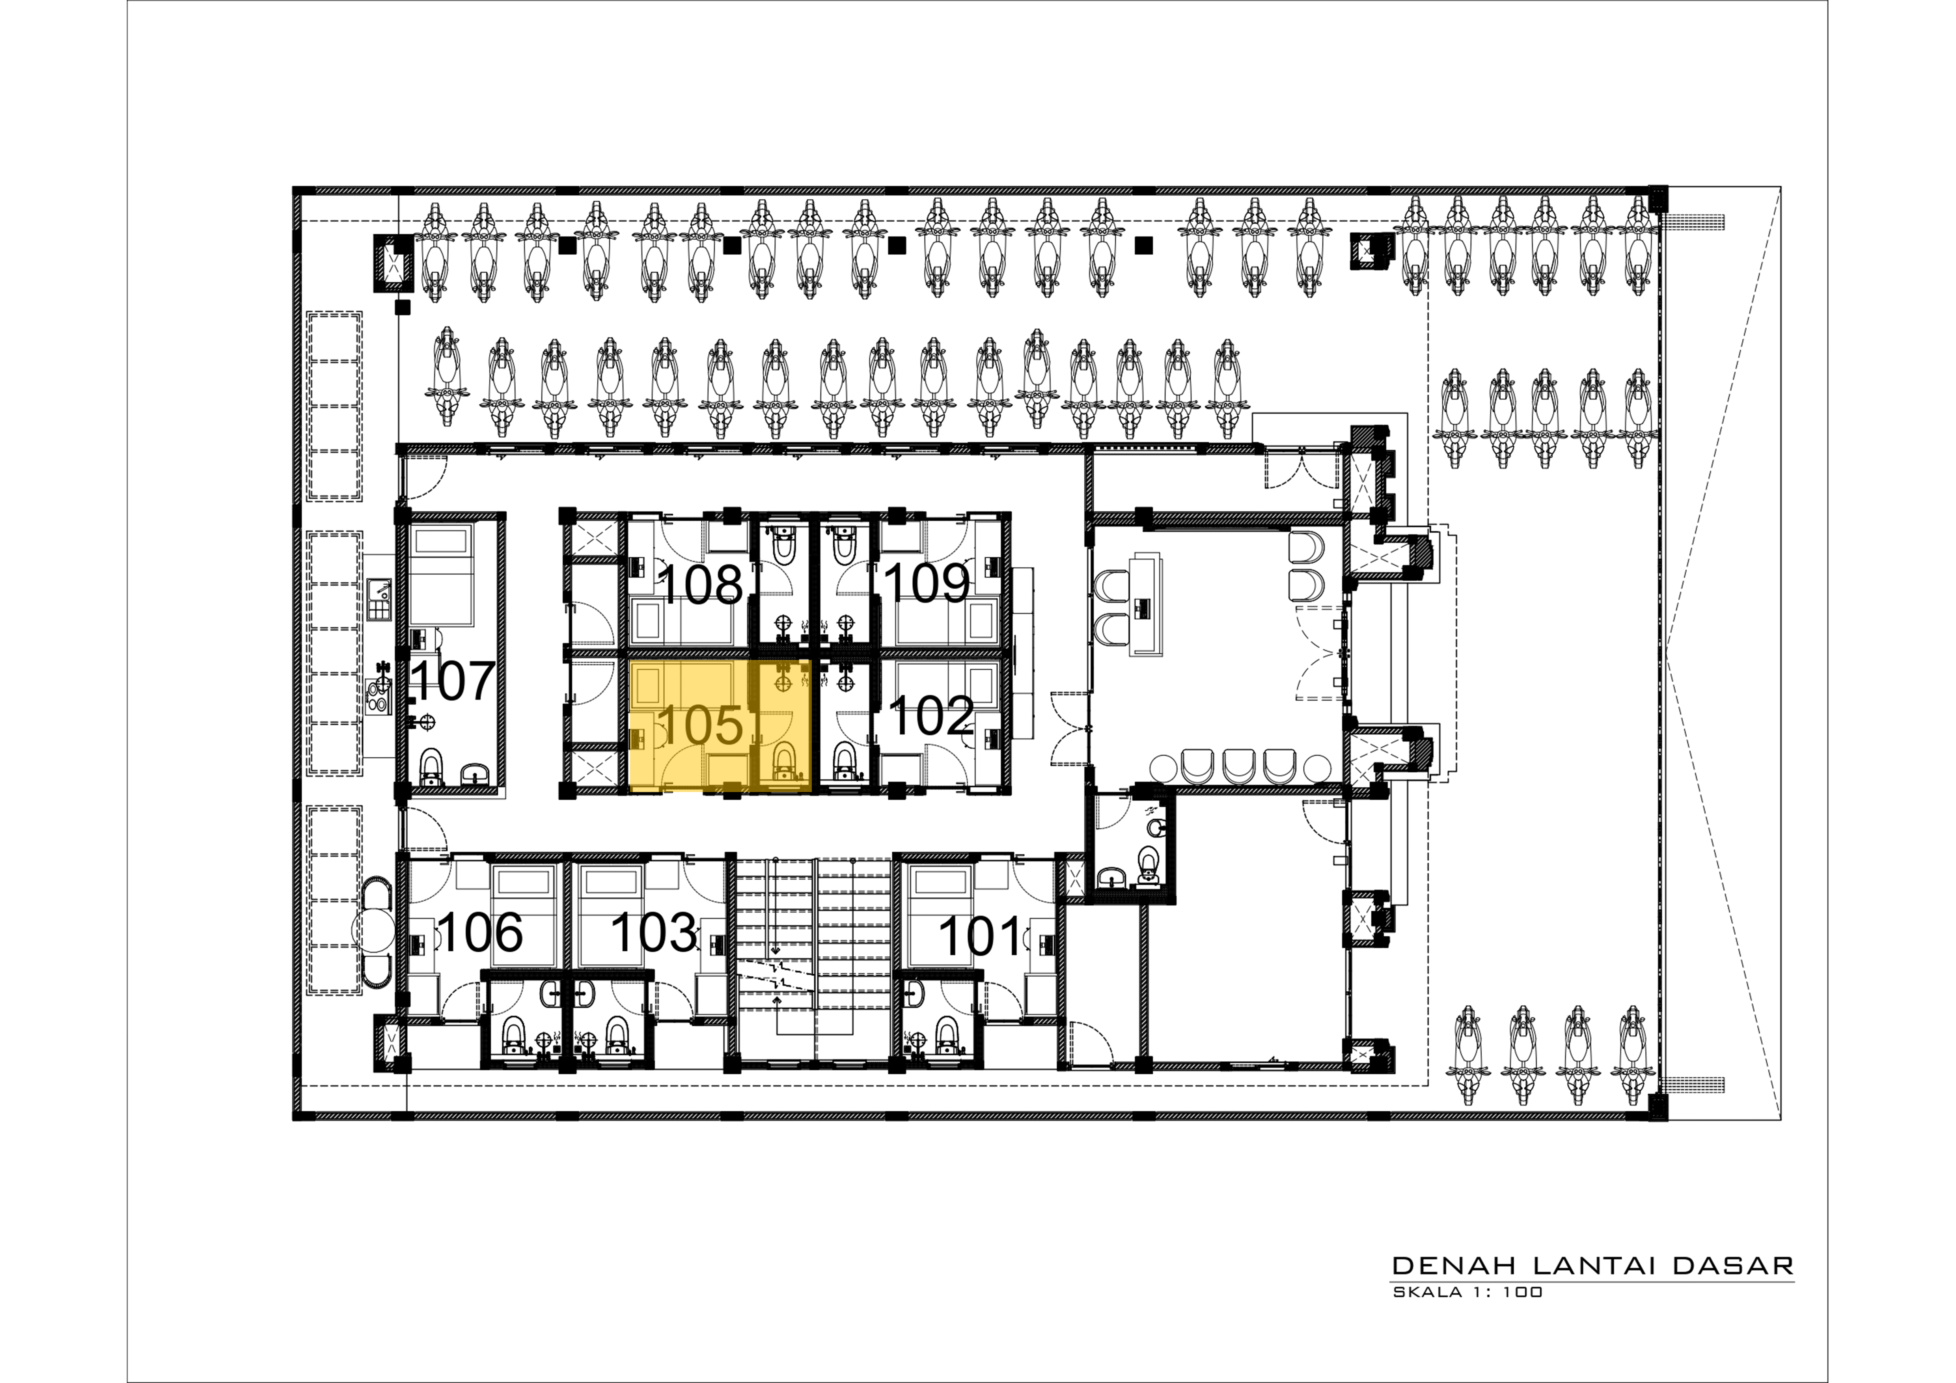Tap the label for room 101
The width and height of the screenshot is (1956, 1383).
tap(980, 936)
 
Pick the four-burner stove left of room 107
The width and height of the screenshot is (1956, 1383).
tap(377, 697)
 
